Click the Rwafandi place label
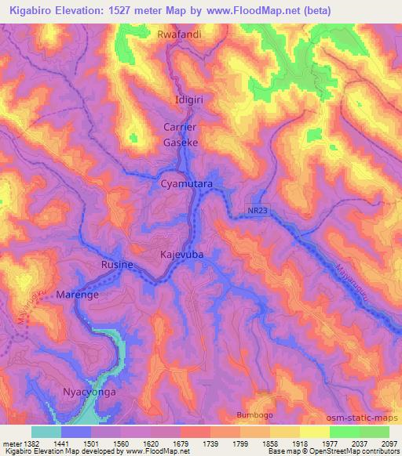pyautogui.click(x=179, y=35)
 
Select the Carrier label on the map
pyautogui.click(x=179, y=127)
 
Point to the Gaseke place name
pyautogui.click(x=179, y=143)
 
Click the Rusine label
pyautogui.click(x=117, y=266)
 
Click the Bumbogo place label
pyautogui.click(x=256, y=414)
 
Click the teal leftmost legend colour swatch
pyautogui.click(x=46, y=432)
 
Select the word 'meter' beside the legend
pyautogui.click(x=10, y=443)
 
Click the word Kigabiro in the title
pyautogui.click(x=37, y=11)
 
